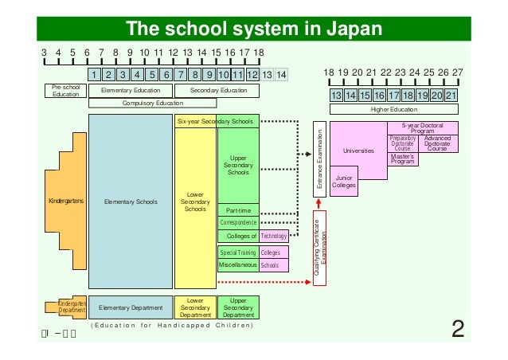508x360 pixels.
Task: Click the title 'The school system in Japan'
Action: tap(253, 30)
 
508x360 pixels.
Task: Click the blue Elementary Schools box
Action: tap(130, 202)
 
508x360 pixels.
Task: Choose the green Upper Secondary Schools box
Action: tap(238, 166)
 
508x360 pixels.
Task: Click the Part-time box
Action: tap(238, 210)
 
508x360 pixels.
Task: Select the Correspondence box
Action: tap(238, 223)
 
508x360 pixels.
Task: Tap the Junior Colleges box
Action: tap(344, 182)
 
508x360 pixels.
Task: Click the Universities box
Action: tap(358, 150)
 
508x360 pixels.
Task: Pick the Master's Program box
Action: tap(405, 158)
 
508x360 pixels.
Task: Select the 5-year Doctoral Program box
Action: tap(422, 128)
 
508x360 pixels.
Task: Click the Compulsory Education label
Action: tap(152, 104)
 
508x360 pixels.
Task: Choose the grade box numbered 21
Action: tap(451, 96)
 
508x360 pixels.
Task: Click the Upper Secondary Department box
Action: tap(238, 307)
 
